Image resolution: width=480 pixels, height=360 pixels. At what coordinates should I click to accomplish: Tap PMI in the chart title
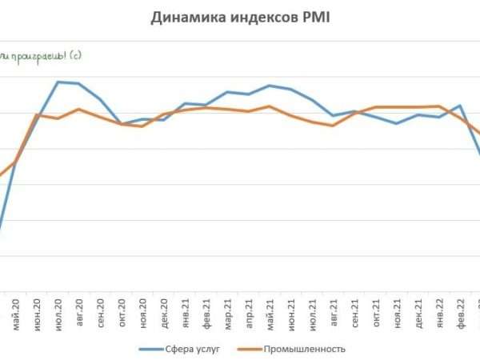pos(315,18)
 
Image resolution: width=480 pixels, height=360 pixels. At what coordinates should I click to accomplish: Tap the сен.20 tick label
pos(100,310)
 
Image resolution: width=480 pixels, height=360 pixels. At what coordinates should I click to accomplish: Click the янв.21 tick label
pos(185,310)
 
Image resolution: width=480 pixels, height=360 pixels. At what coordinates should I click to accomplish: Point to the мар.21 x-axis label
pos(227,310)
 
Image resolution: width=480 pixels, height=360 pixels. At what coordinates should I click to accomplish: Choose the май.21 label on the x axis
pos(270,310)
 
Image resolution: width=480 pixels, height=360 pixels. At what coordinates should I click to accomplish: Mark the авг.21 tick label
pos(333,310)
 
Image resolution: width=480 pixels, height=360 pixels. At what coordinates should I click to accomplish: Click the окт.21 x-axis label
pos(375,310)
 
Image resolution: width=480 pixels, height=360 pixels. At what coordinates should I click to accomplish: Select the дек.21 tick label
pos(418,310)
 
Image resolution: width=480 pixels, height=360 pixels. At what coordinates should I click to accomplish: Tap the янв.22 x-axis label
pos(439,310)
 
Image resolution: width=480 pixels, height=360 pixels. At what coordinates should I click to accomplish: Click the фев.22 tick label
pos(460,310)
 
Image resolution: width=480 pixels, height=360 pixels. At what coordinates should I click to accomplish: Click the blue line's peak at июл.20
pos(58,82)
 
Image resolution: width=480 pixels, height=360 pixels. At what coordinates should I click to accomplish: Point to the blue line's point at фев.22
pos(460,106)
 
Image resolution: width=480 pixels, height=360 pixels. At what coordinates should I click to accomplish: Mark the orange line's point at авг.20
pos(78,109)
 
